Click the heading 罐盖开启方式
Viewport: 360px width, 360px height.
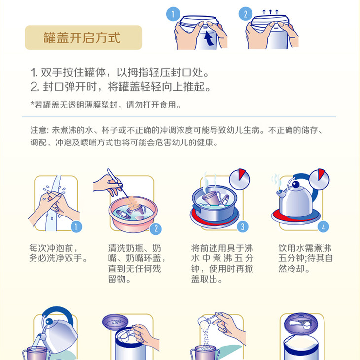[x=82, y=38]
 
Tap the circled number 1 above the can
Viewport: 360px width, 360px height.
[x=172, y=14]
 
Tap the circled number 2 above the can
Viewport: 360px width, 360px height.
[x=245, y=14]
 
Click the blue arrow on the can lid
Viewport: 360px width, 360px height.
[x=209, y=38]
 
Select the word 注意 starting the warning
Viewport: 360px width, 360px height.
[x=38, y=131]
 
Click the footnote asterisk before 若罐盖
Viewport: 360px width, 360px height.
[x=32, y=105]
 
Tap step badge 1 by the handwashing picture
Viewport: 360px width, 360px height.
[x=76, y=227]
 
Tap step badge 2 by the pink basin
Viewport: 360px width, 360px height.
[x=156, y=228]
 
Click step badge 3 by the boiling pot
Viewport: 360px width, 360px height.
[x=242, y=227]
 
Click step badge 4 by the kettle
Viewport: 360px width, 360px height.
[x=323, y=227]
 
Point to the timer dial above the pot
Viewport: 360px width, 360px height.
[x=240, y=178]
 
